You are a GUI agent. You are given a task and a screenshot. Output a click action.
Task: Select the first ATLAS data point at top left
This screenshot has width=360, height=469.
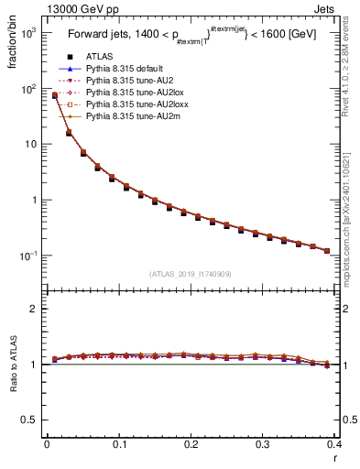point(54,95)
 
